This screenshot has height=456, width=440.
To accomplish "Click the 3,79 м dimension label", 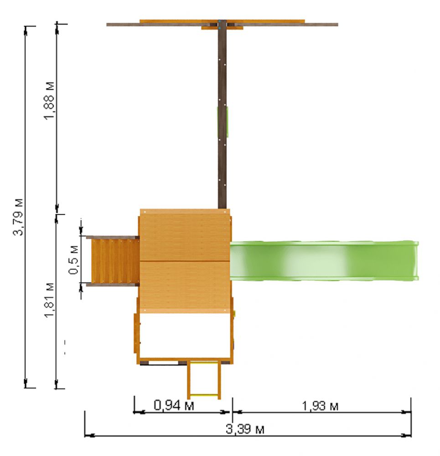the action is [x=18, y=217].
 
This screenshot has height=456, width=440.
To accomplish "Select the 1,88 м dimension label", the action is [x=49, y=101].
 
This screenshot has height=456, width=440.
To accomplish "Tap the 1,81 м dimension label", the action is [x=49, y=301].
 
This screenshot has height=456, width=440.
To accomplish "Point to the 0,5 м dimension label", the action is [x=73, y=260].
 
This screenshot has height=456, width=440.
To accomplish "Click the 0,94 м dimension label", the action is [x=174, y=405].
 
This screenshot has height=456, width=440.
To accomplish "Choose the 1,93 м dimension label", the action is [x=320, y=406].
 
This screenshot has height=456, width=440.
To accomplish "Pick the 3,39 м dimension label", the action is [x=245, y=429].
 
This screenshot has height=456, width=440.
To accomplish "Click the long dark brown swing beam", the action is [x=222, y=116].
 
